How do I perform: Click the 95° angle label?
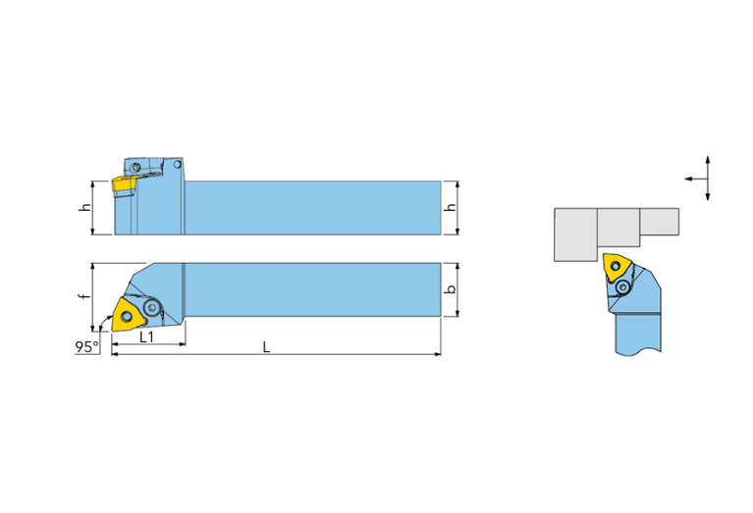click(x=86, y=346)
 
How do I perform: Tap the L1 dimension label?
click(x=147, y=336)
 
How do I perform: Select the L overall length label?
click(x=266, y=347)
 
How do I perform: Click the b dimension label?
click(x=451, y=289)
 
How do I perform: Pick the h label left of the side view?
click(x=85, y=207)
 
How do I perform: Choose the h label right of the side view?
click(x=451, y=207)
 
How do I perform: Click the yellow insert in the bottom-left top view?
click(x=128, y=315)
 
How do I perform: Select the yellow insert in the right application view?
click(x=617, y=267)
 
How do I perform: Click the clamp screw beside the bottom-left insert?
click(x=152, y=307)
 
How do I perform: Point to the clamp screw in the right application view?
click(x=623, y=287)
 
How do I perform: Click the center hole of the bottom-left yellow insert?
click(x=127, y=316)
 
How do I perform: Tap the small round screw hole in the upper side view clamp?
click(x=135, y=168)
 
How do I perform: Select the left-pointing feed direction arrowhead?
click(x=688, y=179)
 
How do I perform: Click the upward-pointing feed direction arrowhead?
click(x=708, y=160)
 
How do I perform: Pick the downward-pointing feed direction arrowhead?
click(x=708, y=196)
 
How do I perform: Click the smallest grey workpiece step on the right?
click(x=660, y=222)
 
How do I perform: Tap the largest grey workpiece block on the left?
click(x=576, y=234)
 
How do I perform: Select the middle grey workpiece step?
click(x=619, y=228)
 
